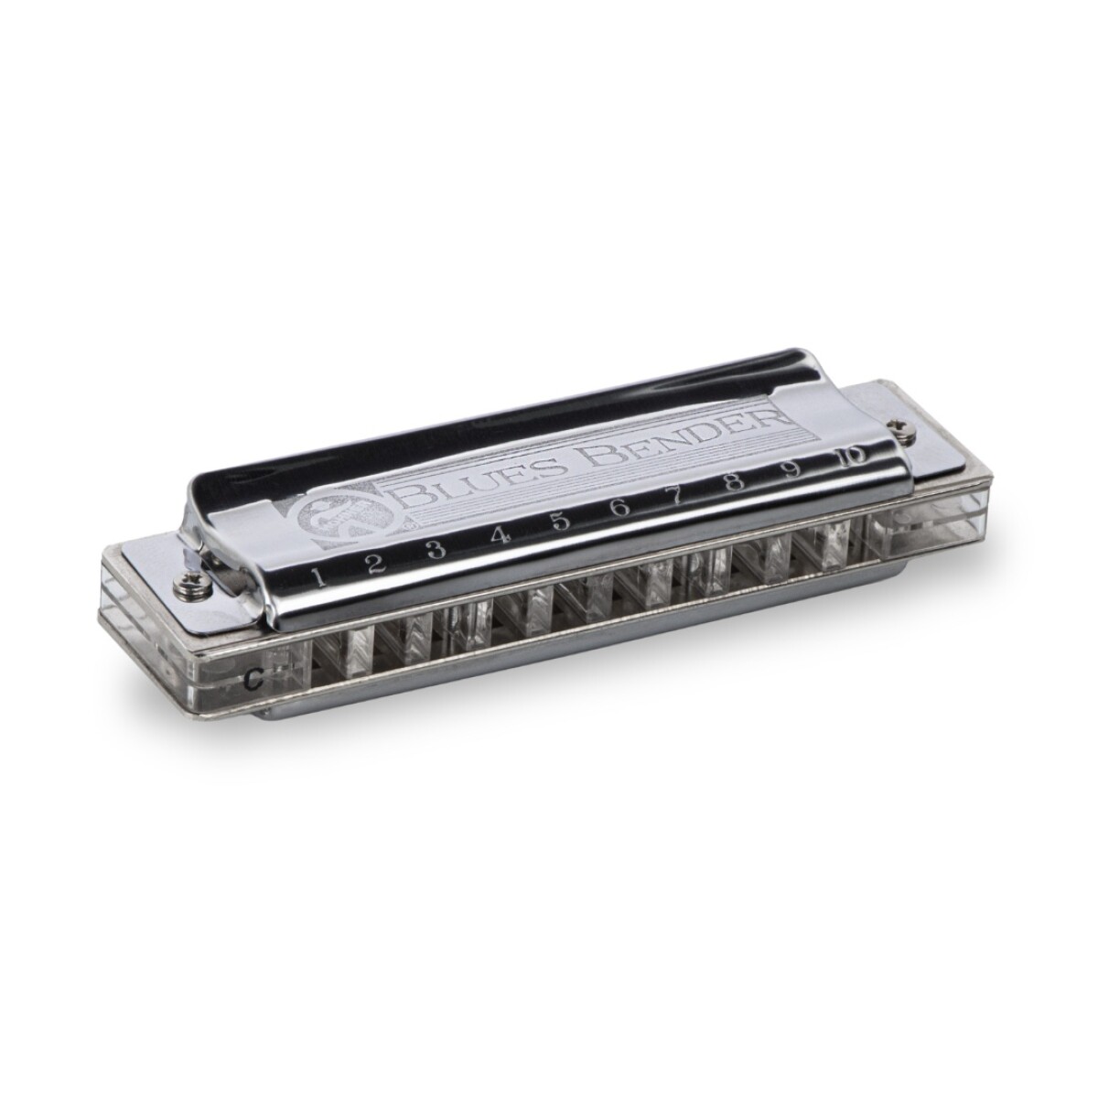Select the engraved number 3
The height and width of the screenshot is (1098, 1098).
coord(436,549)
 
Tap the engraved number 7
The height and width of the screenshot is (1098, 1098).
coord(678,496)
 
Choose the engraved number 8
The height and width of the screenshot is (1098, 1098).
coord(734,483)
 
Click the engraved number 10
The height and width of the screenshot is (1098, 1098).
coord(847,457)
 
